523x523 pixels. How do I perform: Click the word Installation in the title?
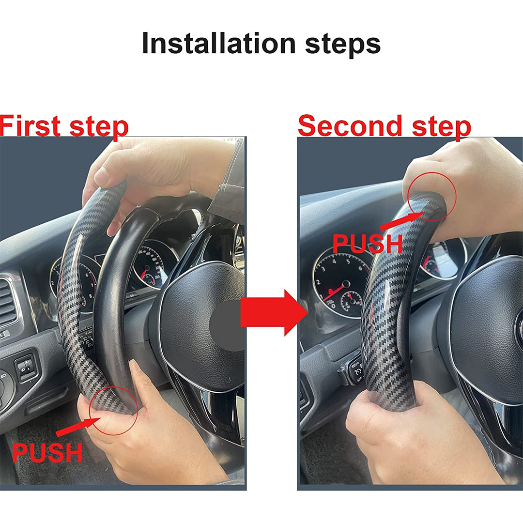[219, 44]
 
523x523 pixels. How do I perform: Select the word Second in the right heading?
[350, 125]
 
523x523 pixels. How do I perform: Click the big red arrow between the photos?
[274, 312]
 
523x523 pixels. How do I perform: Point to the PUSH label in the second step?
[368, 244]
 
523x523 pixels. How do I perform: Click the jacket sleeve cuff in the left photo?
[227, 187]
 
